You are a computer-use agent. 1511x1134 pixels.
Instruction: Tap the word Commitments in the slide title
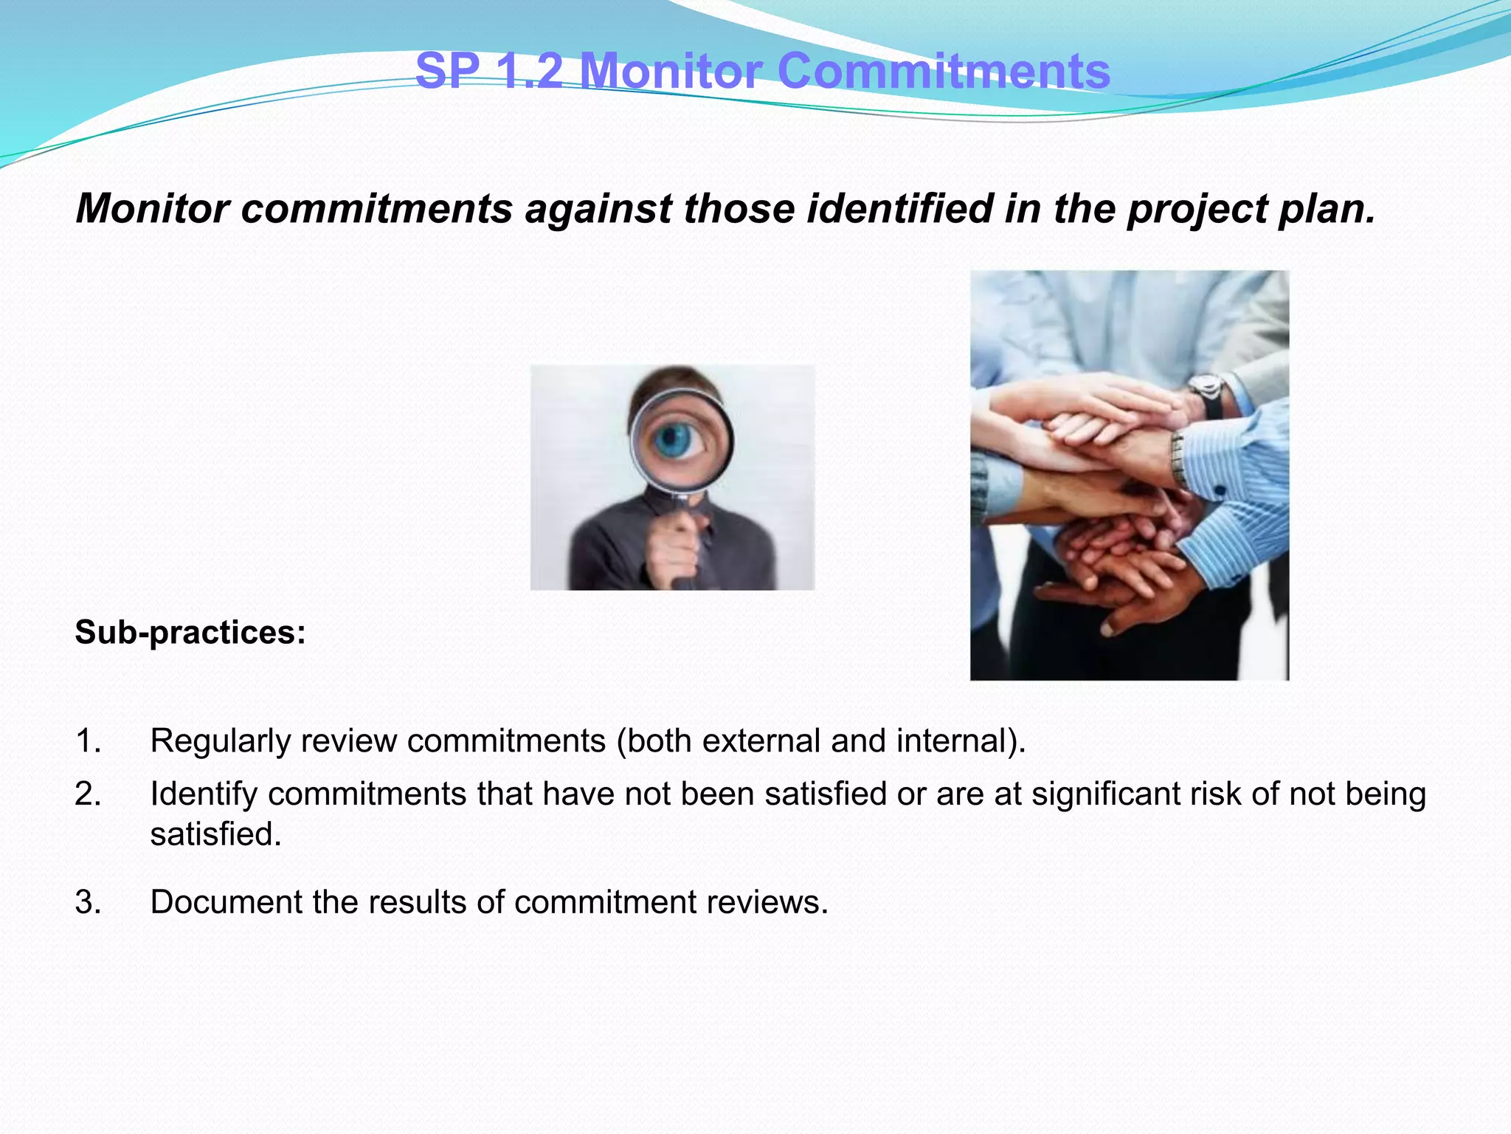click(944, 72)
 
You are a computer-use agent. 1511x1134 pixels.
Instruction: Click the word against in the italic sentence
click(598, 209)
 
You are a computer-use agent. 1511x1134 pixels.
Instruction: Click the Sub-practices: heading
click(190, 633)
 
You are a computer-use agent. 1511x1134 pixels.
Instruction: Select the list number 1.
click(88, 740)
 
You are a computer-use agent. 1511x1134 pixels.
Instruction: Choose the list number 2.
click(88, 794)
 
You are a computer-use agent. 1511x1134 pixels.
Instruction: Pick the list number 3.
click(88, 902)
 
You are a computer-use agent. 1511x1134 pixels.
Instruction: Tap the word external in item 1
click(761, 740)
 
